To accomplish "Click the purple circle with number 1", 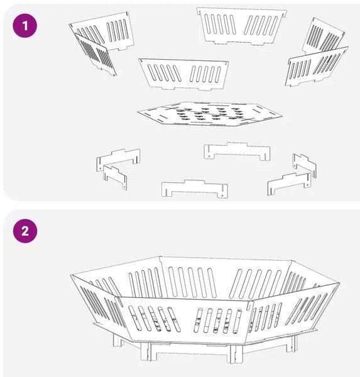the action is (x=25, y=26).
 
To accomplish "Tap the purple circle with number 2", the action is (x=25, y=231).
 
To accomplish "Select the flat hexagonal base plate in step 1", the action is (x=210, y=114).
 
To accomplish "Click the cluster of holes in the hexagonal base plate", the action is (x=209, y=114).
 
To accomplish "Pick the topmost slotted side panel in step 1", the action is (x=242, y=26).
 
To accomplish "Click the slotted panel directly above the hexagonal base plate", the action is (x=183, y=74).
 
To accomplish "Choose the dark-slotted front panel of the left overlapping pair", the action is (x=95, y=55).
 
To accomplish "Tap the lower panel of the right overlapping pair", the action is (x=316, y=67).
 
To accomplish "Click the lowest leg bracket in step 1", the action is (x=195, y=188).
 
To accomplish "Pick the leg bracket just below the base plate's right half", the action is (x=237, y=151).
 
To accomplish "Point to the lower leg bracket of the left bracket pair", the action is (x=115, y=176).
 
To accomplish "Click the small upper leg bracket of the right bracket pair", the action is (x=305, y=165).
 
